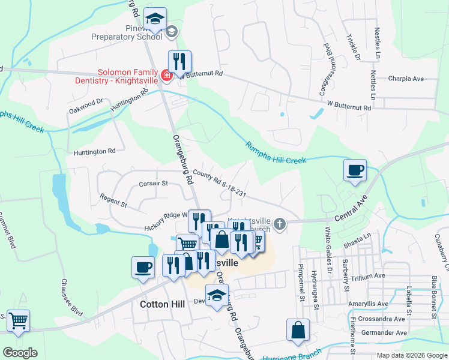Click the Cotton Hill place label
click(162, 304)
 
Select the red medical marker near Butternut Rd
click(166, 76)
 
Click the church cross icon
click(279, 225)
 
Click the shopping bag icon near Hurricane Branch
click(298, 330)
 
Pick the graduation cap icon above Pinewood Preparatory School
click(155, 19)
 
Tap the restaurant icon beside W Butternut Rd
click(179, 61)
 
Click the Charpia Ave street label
click(406, 79)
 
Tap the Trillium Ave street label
click(385, 277)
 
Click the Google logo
click(20, 353)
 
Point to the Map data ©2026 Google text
click(411, 355)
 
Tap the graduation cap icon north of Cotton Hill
click(217, 295)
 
